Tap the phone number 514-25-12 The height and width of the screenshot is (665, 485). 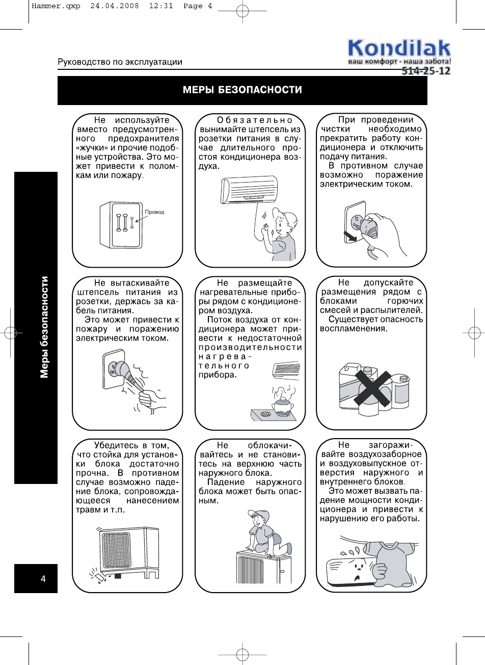click(x=426, y=71)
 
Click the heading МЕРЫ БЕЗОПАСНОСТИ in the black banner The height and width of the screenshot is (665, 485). click(x=242, y=90)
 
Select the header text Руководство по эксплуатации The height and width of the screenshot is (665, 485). click(x=120, y=62)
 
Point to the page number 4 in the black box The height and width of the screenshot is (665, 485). click(x=43, y=578)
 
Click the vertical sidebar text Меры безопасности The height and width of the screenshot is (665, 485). click(x=45, y=327)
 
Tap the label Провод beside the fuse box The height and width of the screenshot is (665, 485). click(x=155, y=212)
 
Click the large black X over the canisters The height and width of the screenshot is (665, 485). click(x=373, y=387)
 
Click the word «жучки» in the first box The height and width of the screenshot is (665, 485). click(x=92, y=148)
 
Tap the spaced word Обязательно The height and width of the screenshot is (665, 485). click(x=255, y=120)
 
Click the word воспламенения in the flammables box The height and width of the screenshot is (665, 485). click(x=354, y=329)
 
